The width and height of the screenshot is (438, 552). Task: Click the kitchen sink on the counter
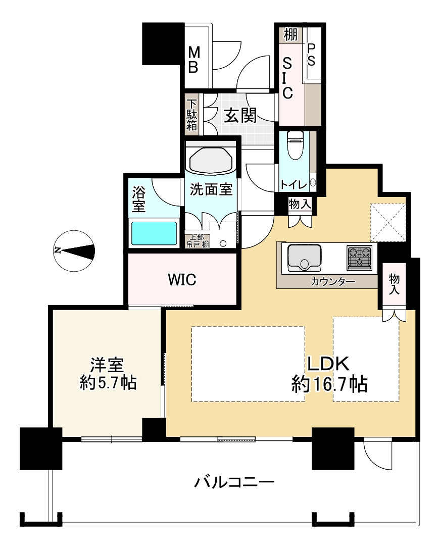[305, 257]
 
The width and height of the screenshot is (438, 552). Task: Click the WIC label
[181, 279]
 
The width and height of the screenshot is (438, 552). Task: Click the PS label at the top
[311, 54]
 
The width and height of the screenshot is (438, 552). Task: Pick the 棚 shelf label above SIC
[290, 35]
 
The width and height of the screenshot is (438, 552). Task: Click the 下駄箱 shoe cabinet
[192, 115]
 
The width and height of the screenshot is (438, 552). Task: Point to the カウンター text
[332, 282]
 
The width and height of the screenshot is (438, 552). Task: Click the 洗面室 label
[211, 190]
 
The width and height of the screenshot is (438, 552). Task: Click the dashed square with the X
[387, 222]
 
